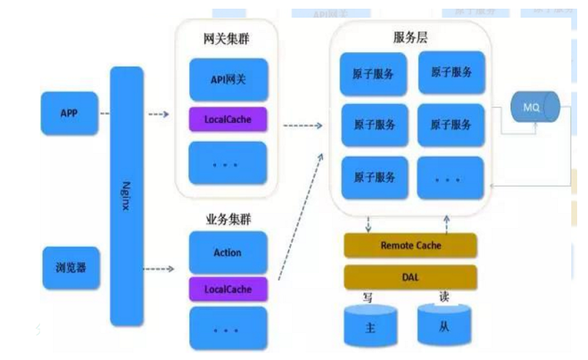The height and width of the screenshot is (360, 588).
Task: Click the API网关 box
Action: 228,80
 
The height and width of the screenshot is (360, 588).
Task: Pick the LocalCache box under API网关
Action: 228,119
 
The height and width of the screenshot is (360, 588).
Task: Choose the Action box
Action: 228,252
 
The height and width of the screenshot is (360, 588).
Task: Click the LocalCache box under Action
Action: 228,289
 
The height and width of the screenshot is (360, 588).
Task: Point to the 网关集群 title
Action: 227,39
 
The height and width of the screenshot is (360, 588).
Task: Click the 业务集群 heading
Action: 227,218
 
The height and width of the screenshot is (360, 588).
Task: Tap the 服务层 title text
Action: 410,38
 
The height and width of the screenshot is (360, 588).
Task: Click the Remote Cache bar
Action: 410,246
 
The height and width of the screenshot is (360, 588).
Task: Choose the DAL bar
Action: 410,275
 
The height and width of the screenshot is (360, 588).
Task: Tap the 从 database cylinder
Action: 444,325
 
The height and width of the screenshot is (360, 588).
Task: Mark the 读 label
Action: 444,297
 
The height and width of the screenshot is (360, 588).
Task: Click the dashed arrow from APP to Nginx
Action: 104,113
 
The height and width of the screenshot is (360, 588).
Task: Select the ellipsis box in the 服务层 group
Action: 450,176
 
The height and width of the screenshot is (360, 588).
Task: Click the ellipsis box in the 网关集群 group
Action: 228,162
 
